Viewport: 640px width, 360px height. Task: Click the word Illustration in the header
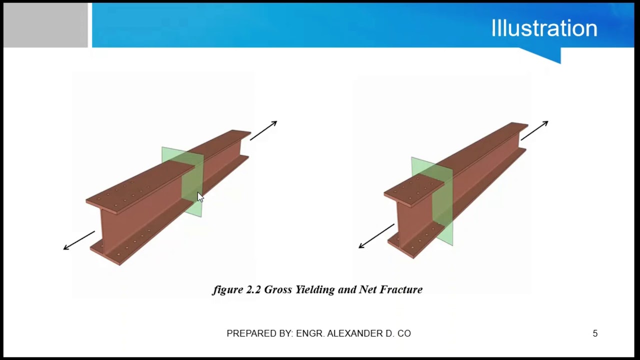click(x=544, y=28)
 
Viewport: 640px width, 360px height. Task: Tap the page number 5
click(x=595, y=333)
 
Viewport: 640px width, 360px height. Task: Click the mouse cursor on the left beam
click(x=200, y=197)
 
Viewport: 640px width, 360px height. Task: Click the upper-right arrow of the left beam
click(x=263, y=130)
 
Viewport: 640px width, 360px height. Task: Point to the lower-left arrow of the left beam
click(x=79, y=240)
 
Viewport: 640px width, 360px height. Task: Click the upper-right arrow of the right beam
click(x=534, y=130)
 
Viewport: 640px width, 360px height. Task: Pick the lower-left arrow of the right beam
click(x=376, y=236)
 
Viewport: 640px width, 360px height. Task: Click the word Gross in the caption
click(x=278, y=289)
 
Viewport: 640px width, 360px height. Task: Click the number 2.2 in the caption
click(x=253, y=289)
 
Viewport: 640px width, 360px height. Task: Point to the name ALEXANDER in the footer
click(x=353, y=333)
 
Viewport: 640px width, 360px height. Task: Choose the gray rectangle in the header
click(x=45, y=25)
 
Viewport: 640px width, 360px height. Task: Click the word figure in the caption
click(x=228, y=290)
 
